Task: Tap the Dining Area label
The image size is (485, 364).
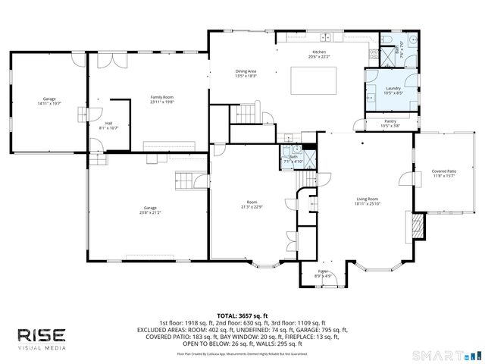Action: coord(246,74)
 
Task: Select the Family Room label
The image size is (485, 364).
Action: coord(162,99)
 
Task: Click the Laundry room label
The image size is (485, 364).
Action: coord(393,90)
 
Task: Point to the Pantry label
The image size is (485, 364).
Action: coord(390,123)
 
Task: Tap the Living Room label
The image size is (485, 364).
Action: coord(368,202)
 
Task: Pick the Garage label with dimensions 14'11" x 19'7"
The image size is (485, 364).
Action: coord(49,102)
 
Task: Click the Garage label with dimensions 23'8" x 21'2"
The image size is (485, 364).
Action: coord(150,210)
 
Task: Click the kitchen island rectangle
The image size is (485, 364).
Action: coord(311,79)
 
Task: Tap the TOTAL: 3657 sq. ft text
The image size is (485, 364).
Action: coord(242,315)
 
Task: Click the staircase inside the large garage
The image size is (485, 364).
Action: coord(185,181)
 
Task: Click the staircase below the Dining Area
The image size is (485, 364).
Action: coord(244,114)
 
